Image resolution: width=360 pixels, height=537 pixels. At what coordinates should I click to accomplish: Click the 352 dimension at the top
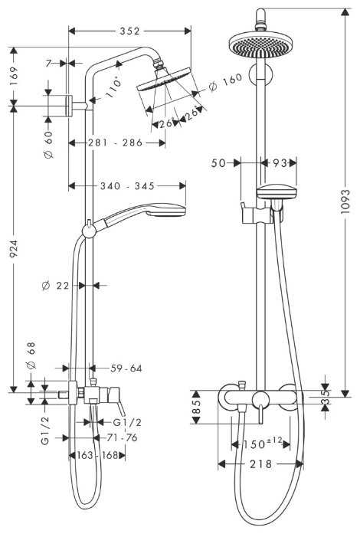pyautogui.click(x=130, y=31)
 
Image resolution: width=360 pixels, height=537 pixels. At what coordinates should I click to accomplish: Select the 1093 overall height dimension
pyautogui.click(x=345, y=200)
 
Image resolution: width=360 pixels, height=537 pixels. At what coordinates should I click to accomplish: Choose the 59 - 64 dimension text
pyautogui.click(x=125, y=368)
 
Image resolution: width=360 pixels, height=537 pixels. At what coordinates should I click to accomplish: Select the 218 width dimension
pyautogui.click(x=260, y=464)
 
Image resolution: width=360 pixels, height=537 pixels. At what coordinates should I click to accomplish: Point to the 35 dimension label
pyautogui.click(x=326, y=396)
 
